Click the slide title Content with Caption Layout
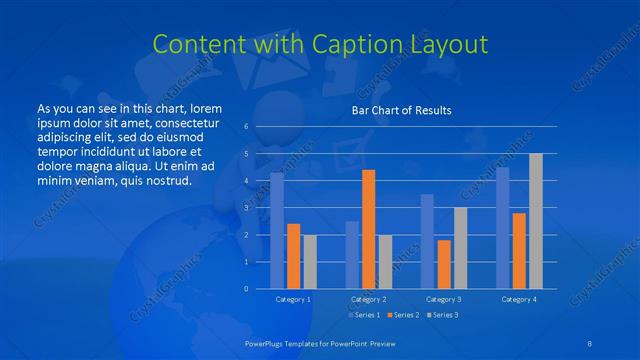pos(320,44)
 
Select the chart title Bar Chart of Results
pos(400,110)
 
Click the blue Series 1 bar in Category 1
pos(277,230)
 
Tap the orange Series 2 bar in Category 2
pos(368,229)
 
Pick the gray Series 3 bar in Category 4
pos(536,221)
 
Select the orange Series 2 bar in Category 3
pos(444,264)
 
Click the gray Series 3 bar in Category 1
pos(310,261)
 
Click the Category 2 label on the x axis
pos(368,299)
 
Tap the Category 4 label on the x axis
pos(518,299)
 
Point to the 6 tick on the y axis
pos(246,127)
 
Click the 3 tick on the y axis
pos(246,208)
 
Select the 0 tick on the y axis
pos(246,288)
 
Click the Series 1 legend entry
pos(364,315)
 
